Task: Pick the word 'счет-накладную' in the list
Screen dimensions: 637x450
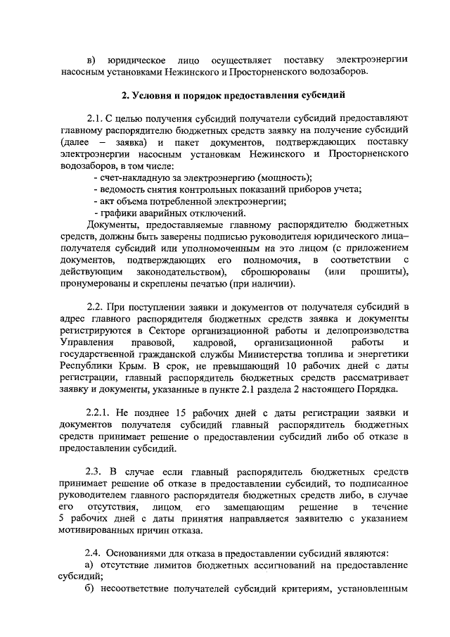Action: pos(133,177)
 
